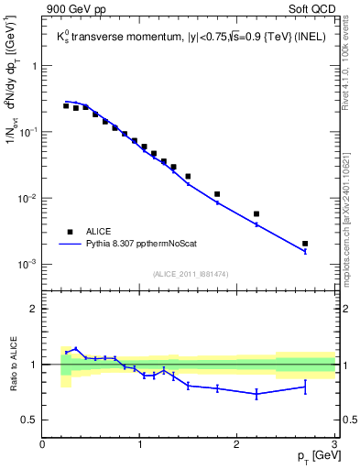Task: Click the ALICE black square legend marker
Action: coord(70,232)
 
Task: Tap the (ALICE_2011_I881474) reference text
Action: coord(190,274)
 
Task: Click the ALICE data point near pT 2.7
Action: coord(305,244)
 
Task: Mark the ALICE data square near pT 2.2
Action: coord(256,213)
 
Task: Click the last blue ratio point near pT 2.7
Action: coord(305,387)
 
